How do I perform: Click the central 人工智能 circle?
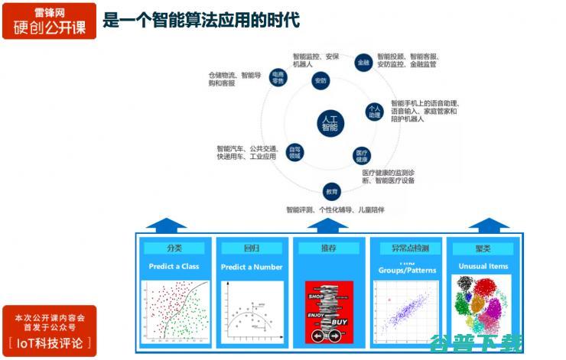tap(330, 123)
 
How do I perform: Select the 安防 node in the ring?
tap(320, 80)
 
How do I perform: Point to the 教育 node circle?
tap(331, 191)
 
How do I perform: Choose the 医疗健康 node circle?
tap(361, 156)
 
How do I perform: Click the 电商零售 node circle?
tap(277, 77)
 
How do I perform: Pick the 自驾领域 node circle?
tap(294, 151)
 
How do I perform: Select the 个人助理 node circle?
tap(374, 112)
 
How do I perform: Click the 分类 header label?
tap(175, 248)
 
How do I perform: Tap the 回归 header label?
tap(252, 248)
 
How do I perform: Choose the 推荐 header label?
tap(328, 248)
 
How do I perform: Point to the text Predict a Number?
tap(252, 268)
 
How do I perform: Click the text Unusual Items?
tap(483, 267)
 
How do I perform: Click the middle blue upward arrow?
tap(328, 224)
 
